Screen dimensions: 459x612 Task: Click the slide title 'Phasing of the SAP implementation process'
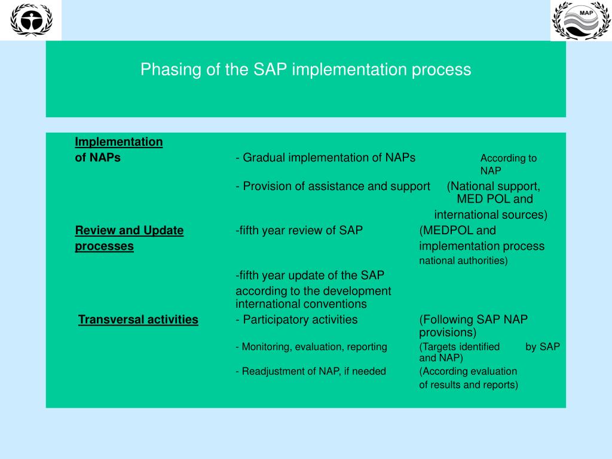click(305, 70)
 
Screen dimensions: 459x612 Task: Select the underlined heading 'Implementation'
click(118, 142)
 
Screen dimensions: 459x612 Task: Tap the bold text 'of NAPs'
click(97, 158)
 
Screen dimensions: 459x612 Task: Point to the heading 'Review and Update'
click(129, 231)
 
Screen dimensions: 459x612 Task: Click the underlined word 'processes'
click(104, 246)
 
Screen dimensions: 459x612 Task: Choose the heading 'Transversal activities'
click(138, 320)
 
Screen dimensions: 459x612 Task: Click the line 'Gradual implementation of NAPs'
click(326, 158)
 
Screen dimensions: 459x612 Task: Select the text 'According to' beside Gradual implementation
click(509, 158)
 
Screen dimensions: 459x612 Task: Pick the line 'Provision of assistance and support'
click(333, 186)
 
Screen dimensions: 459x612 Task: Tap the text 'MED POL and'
click(494, 199)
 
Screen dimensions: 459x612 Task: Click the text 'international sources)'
click(491, 215)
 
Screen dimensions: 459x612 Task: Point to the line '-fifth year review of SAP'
click(299, 231)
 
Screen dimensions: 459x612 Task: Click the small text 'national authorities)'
click(463, 261)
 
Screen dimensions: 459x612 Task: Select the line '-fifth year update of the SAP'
click(310, 276)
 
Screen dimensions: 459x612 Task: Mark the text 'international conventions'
click(301, 304)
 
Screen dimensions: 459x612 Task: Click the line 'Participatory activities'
click(297, 320)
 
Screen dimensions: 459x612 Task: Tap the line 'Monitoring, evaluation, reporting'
click(311, 347)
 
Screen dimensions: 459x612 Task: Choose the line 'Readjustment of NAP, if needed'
click(311, 371)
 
